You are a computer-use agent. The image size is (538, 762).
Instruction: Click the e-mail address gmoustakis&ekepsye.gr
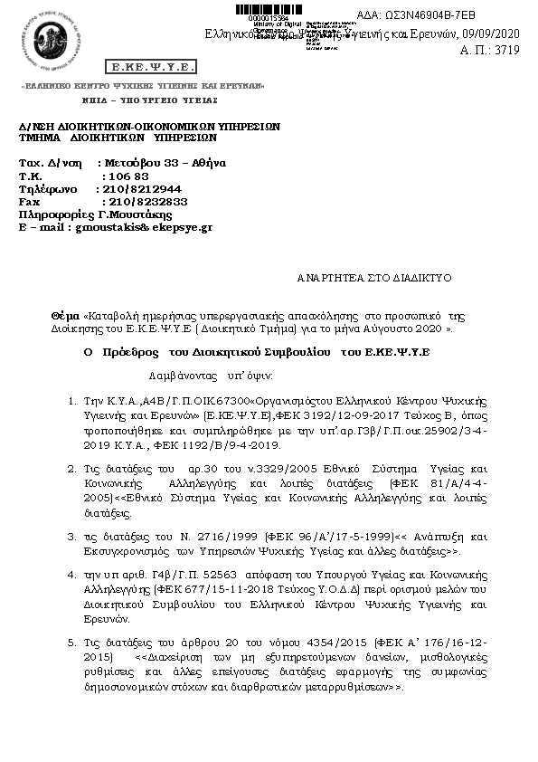pos(143,227)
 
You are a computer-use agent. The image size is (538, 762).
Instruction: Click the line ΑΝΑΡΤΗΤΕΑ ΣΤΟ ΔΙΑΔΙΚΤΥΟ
pos(373,278)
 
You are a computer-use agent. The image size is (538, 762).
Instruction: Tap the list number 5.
pos(73,642)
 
